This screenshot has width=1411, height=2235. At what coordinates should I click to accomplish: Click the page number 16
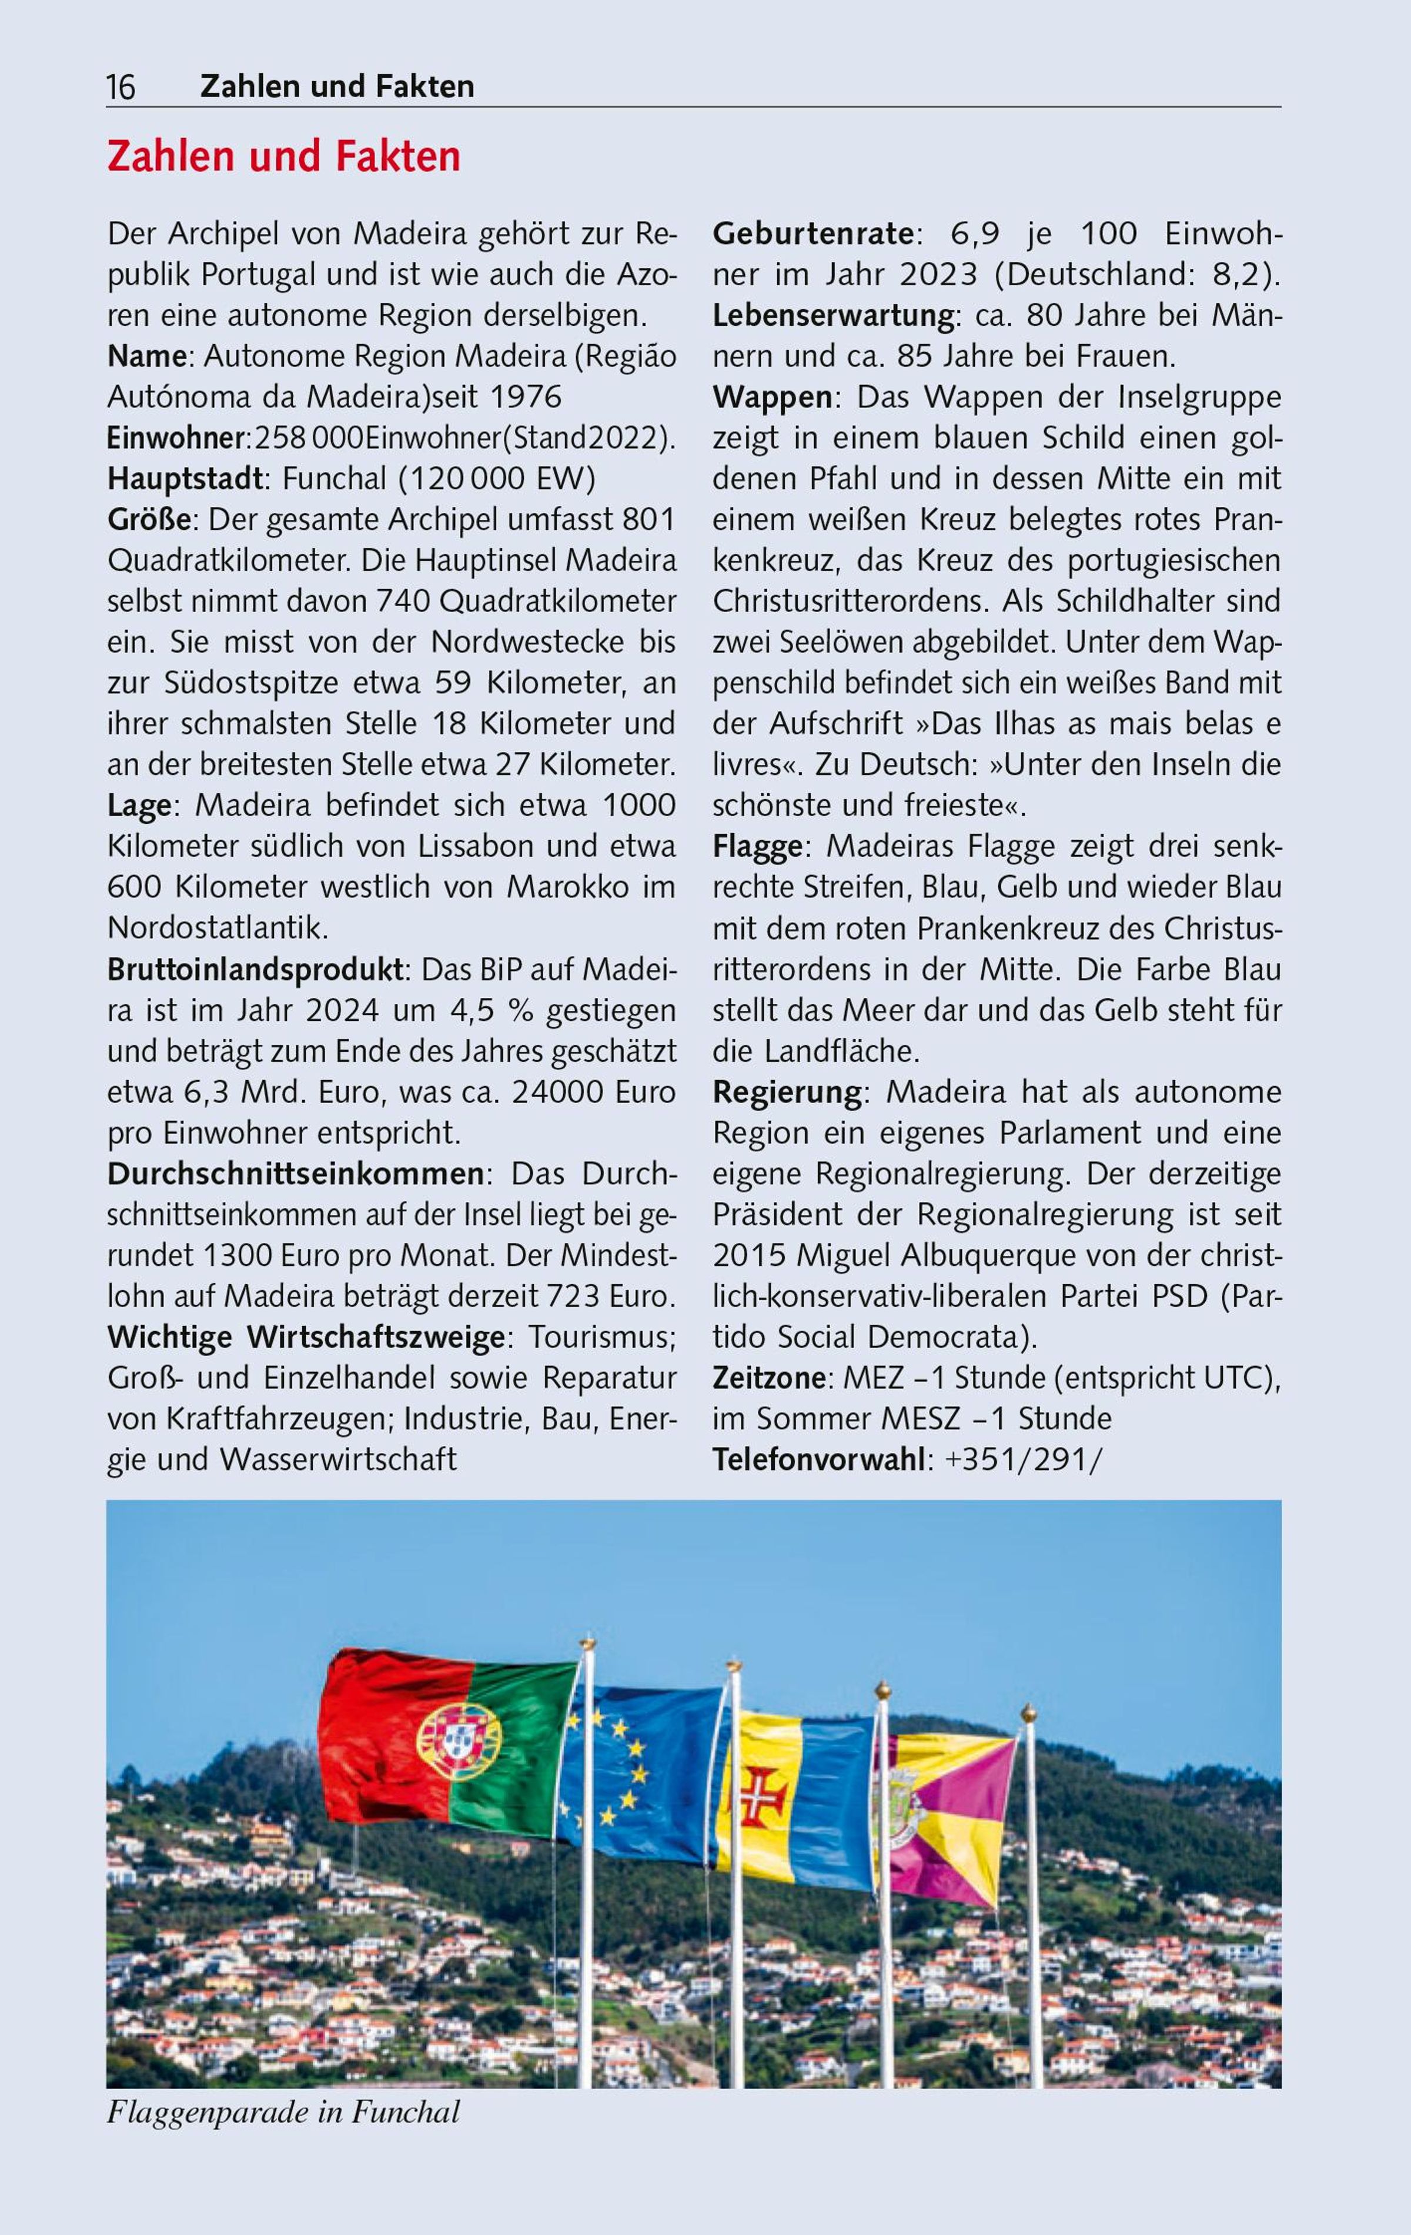(121, 87)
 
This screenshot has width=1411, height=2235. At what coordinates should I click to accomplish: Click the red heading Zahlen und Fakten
(284, 157)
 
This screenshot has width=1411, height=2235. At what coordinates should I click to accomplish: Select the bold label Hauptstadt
(185, 479)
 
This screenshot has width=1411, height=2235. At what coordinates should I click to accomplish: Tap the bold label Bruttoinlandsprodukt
(255, 970)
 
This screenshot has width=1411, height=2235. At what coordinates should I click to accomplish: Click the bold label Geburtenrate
(813, 234)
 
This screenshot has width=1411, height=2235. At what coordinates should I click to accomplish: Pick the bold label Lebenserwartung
(832, 316)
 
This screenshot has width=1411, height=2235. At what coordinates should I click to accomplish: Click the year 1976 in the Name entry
(526, 397)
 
